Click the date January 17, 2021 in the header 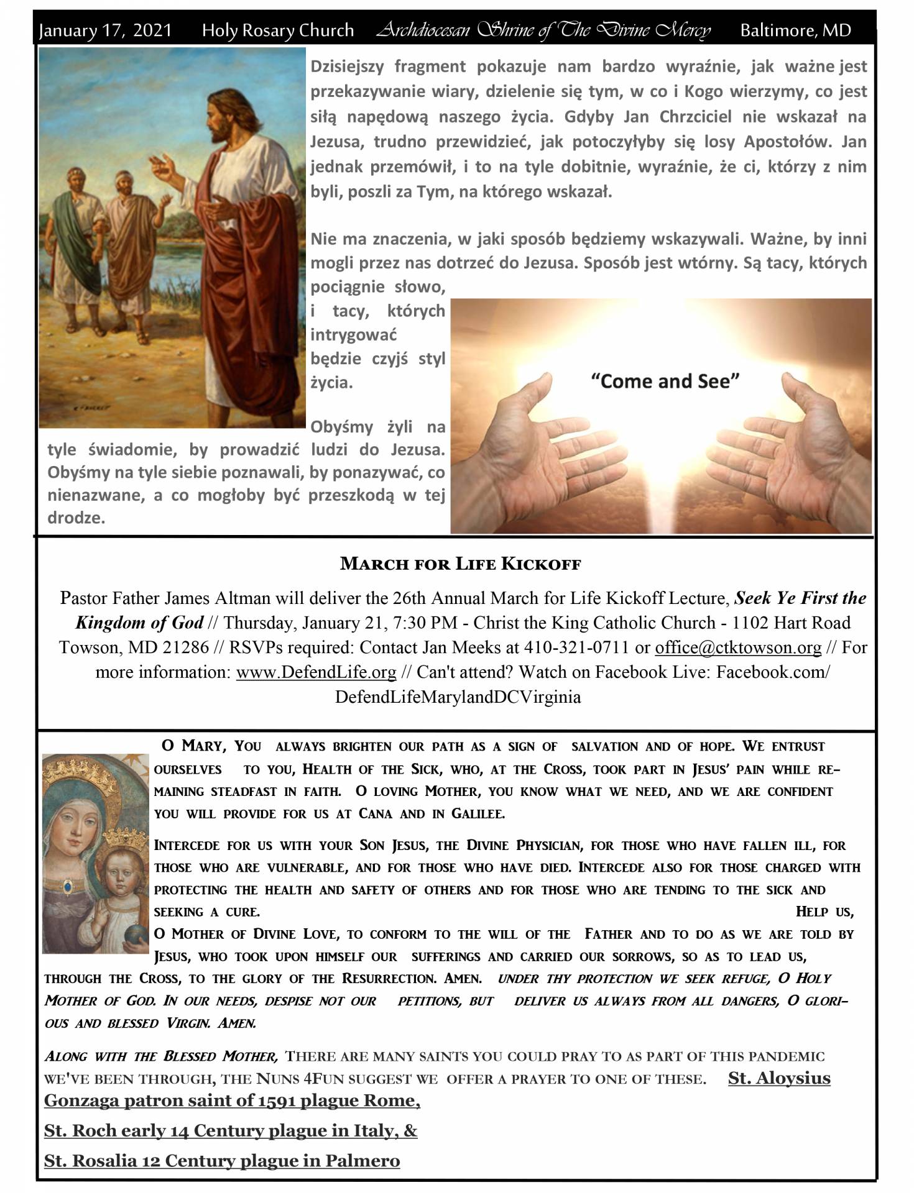[x=104, y=30]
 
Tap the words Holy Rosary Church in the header [x=277, y=30]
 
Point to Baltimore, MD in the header [x=795, y=30]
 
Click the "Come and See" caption [x=663, y=381]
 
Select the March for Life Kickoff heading [x=461, y=564]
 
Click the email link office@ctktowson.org [x=738, y=647]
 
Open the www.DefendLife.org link [x=316, y=672]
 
